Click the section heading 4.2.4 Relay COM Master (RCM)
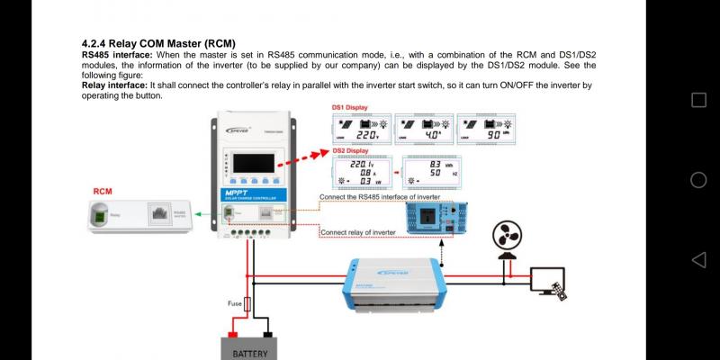(x=158, y=43)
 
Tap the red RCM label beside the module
(x=103, y=192)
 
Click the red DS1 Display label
(x=351, y=107)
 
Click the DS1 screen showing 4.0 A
(x=422, y=128)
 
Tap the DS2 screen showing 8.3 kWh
(x=431, y=171)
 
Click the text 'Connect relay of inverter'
(x=359, y=232)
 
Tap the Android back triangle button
(x=698, y=260)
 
